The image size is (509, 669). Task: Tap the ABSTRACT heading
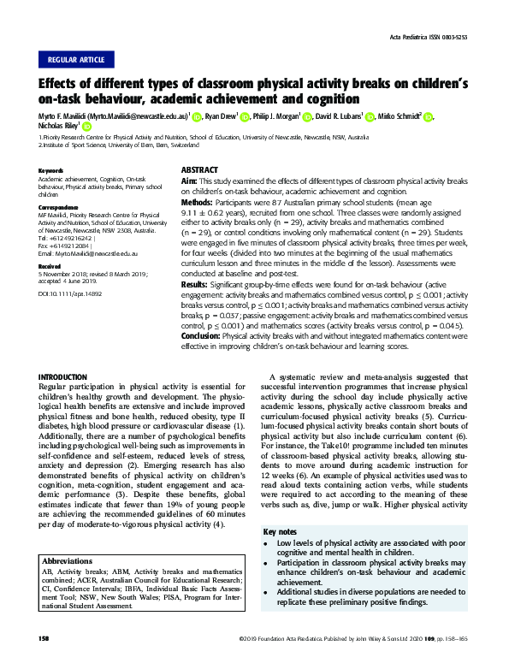tap(200, 171)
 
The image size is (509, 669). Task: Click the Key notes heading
tap(281, 532)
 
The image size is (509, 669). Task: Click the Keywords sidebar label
tap(51, 171)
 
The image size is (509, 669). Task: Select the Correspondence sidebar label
tap(59, 208)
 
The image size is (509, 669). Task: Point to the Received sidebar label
tap(50, 267)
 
